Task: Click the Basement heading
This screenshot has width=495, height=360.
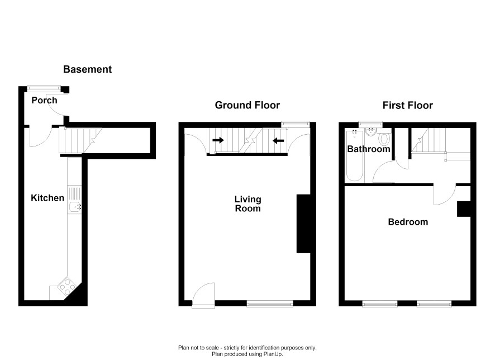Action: click(88, 69)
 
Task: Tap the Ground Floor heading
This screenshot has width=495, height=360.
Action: click(247, 105)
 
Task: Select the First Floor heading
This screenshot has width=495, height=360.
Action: click(407, 105)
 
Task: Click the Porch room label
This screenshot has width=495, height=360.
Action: click(44, 101)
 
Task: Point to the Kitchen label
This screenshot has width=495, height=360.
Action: click(47, 198)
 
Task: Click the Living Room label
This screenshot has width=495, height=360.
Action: click(248, 203)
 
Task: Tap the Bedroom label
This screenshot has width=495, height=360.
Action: click(408, 222)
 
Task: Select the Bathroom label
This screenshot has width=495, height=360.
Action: click(369, 149)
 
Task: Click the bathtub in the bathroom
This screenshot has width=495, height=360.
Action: click(354, 155)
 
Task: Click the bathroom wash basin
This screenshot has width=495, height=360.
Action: click(370, 132)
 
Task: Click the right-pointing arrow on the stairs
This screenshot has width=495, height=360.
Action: click(218, 140)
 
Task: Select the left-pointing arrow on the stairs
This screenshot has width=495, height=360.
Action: click(278, 140)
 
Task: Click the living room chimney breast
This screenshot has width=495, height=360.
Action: click(303, 224)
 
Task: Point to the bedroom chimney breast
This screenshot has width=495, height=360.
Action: click(464, 209)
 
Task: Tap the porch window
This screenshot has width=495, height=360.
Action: click(44, 88)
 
